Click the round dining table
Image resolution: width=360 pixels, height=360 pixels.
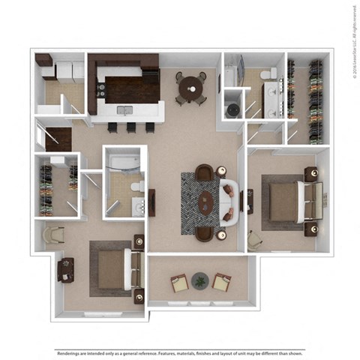click(x=190, y=87)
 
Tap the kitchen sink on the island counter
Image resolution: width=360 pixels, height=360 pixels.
click(x=124, y=111)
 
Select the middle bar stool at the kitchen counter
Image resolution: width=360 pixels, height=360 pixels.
click(x=130, y=127)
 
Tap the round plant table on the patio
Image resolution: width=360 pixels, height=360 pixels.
click(x=199, y=280)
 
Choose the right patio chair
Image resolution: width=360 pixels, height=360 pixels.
click(x=220, y=283)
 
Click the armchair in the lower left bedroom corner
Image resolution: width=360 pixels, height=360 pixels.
click(x=54, y=236)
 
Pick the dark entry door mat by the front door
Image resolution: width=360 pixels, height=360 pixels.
click(x=58, y=139)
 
